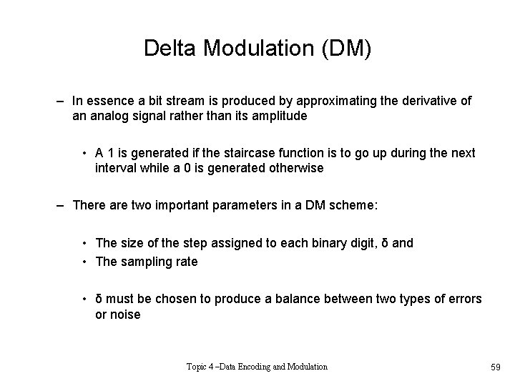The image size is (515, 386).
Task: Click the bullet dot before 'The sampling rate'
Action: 84,262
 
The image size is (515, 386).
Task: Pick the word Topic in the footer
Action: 199,367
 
